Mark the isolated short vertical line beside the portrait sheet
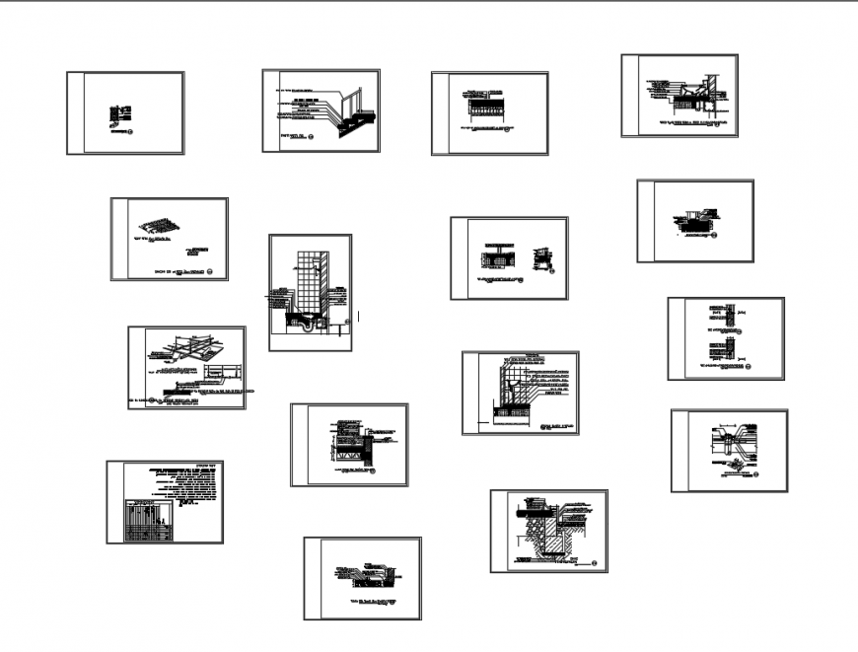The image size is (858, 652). [x=358, y=317]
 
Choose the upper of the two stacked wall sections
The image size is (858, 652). [x=721, y=318]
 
